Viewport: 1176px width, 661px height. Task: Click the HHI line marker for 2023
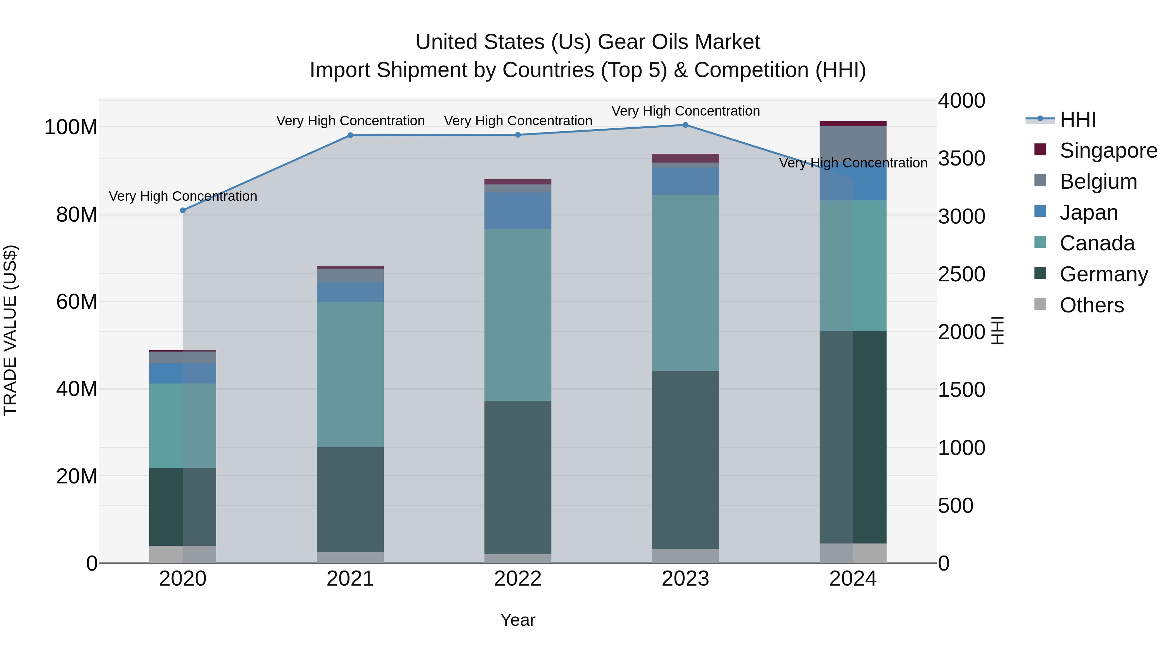pyautogui.click(x=685, y=125)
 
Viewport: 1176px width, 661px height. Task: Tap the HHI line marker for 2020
pyautogui.click(x=183, y=210)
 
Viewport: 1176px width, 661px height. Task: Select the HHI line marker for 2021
pyautogui.click(x=350, y=135)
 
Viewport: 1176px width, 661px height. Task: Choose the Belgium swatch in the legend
pyautogui.click(x=1040, y=180)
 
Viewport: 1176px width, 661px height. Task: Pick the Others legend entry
pyautogui.click(x=1091, y=305)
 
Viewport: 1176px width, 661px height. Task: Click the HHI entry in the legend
pyautogui.click(x=1077, y=119)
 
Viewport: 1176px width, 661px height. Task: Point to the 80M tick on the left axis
pyautogui.click(x=76, y=214)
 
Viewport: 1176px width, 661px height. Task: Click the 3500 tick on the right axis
pyautogui.click(x=961, y=158)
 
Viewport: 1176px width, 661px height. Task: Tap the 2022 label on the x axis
pyautogui.click(x=518, y=579)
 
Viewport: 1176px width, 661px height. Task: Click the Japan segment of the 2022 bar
pyautogui.click(x=518, y=210)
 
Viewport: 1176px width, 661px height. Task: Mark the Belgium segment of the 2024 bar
pyautogui.click(x=853, y=144)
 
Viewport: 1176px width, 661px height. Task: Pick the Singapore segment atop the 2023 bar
pyautogui.click(x=685, y=158)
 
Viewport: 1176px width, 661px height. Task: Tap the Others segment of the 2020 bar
pyautogui.click(x=183, y=554)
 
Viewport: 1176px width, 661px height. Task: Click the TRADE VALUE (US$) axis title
pyautogui.click(x=10, y=330)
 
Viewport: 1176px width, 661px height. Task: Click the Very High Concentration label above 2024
pyautogui.click(x=853, y=163)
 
